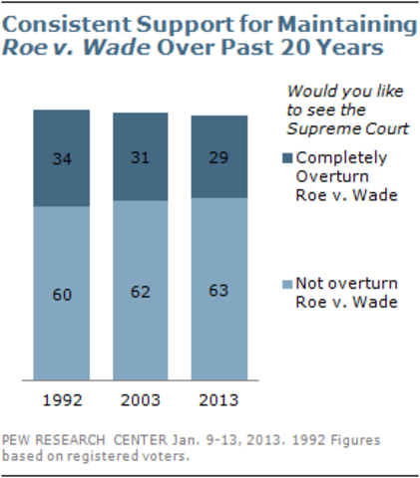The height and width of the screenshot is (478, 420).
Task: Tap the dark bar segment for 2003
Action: pos(141,156)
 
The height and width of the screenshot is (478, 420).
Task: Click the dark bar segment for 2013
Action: pos(218,156)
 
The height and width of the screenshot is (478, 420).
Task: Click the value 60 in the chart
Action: pos(62,294)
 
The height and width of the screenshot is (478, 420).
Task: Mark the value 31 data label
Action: pos(141,156)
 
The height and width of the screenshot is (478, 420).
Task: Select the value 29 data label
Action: pos(218,156)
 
